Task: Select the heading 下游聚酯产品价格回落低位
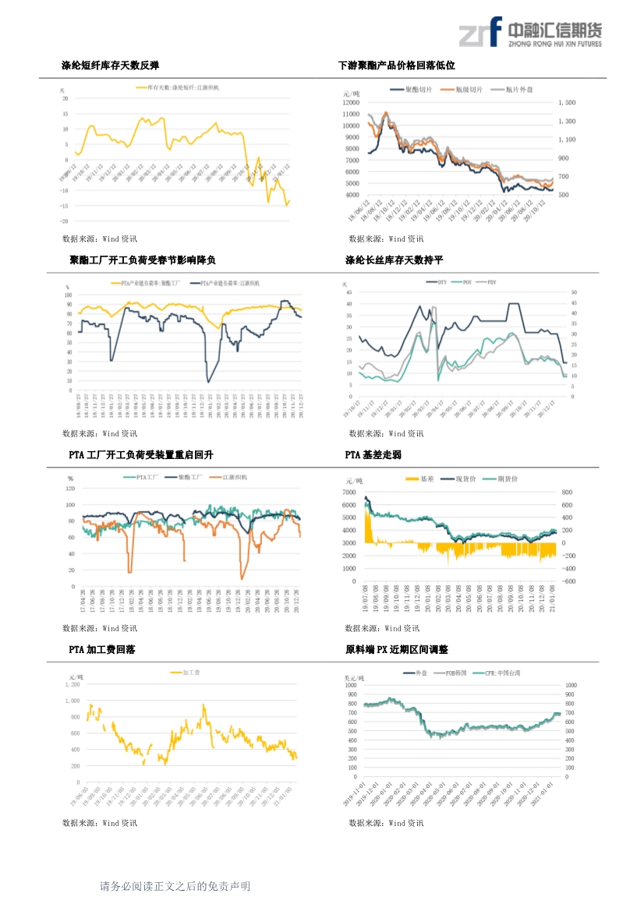396,66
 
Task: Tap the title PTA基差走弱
373,454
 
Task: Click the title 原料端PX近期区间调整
397,649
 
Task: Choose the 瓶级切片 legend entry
468,90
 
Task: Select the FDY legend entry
491,281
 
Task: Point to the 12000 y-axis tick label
350,102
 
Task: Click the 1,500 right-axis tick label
567,102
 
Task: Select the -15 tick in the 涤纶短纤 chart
65,206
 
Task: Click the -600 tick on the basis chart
568,581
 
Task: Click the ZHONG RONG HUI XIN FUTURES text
554,44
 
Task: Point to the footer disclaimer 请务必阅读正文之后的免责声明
175,886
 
